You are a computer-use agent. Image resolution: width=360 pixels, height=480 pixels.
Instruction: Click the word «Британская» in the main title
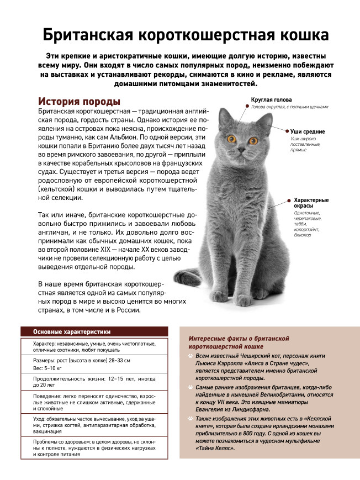click(x=86, y=35)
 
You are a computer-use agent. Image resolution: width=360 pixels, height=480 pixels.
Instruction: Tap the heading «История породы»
click(x=79, y=102)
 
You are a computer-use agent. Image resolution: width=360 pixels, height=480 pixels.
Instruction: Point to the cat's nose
click(x=241, y=150)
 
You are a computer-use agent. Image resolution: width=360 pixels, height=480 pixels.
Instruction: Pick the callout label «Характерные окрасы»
click(x=311, y=203)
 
